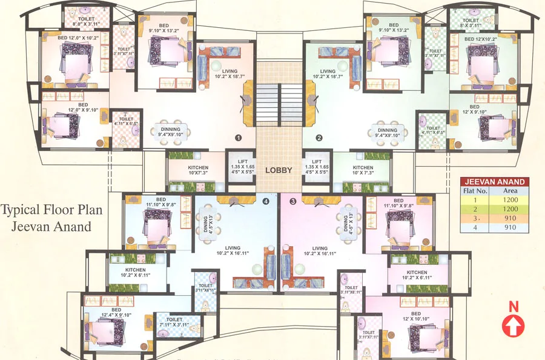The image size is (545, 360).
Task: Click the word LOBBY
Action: (x=279, y=170)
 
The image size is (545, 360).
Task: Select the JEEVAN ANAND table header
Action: (x=494, y=181)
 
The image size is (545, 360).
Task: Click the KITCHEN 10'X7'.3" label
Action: (x=198, y=170)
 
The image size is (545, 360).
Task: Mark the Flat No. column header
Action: (x=475, y=190)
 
